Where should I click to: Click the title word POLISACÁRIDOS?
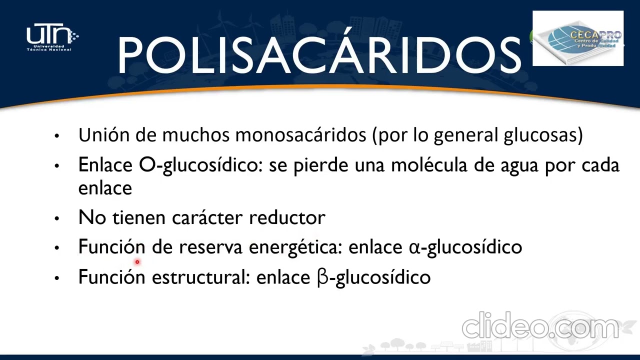tap(319, 54)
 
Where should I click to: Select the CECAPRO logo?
tap(578, 38)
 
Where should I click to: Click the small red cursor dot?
tap(137, 261)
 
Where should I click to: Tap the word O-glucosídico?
tap(200, 165)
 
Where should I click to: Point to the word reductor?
tap(287, 217)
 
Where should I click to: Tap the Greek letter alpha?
tap(414, 247)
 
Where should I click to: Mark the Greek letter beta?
tap(322, 277)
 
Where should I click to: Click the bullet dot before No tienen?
tap(57, 218)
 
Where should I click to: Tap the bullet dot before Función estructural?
tap(57, 277)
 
